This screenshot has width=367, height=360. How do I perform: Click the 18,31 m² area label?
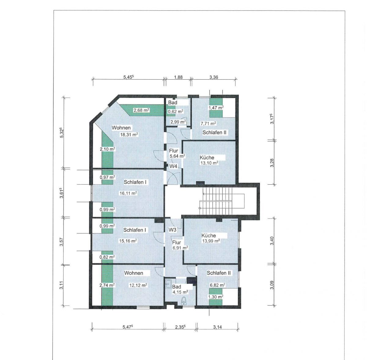129,135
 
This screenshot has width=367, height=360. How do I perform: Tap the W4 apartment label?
173,166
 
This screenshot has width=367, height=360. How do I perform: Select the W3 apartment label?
172,230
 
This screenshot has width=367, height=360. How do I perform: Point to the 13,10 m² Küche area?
209,163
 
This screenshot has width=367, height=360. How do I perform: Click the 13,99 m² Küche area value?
211,241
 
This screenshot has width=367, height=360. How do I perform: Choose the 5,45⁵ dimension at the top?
128,77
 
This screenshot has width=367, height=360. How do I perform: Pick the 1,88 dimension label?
178,77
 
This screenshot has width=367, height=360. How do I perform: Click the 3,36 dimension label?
214,77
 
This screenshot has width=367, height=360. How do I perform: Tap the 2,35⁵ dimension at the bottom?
180,327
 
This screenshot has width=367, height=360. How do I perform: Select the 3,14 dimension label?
217,327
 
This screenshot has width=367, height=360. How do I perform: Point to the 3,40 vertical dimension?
272,241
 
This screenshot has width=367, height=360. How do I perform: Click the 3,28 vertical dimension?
272,163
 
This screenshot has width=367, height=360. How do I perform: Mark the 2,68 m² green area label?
141,110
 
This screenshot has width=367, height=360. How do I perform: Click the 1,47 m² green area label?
216,107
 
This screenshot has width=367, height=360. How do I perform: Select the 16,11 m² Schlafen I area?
128,193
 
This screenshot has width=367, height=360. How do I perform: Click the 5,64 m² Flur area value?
177,156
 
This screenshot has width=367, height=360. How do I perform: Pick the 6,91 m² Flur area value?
180,248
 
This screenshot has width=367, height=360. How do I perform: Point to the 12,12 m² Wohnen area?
138,285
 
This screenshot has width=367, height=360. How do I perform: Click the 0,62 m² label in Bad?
176,111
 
